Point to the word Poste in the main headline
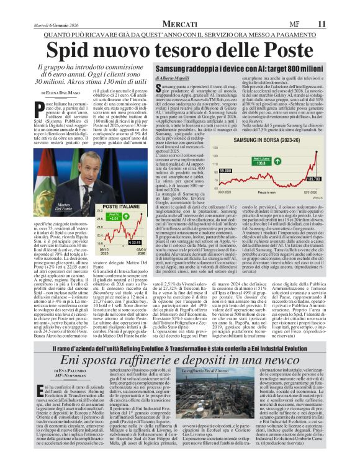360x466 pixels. [279, 50]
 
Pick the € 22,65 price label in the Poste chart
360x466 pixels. [133, 243]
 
